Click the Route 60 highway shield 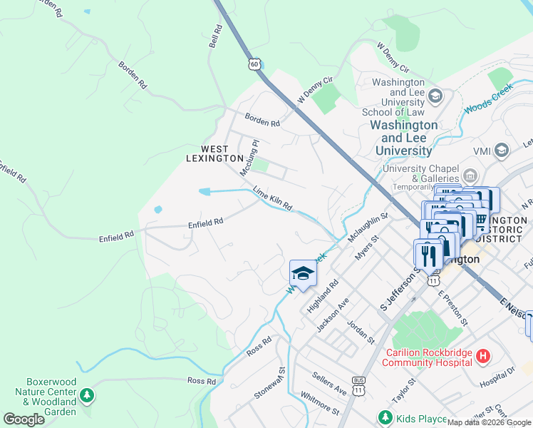(x=254, y=64)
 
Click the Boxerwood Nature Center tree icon (x=86, y=395)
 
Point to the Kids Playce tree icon (x=385, y=417)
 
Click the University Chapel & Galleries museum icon (x=470, y=175)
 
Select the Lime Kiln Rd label (x=273, y=198)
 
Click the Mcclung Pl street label (x=249, y=158)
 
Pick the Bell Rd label (x=214, y=37)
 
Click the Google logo (x=24, y=419)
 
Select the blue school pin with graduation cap (x=302, y=274)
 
